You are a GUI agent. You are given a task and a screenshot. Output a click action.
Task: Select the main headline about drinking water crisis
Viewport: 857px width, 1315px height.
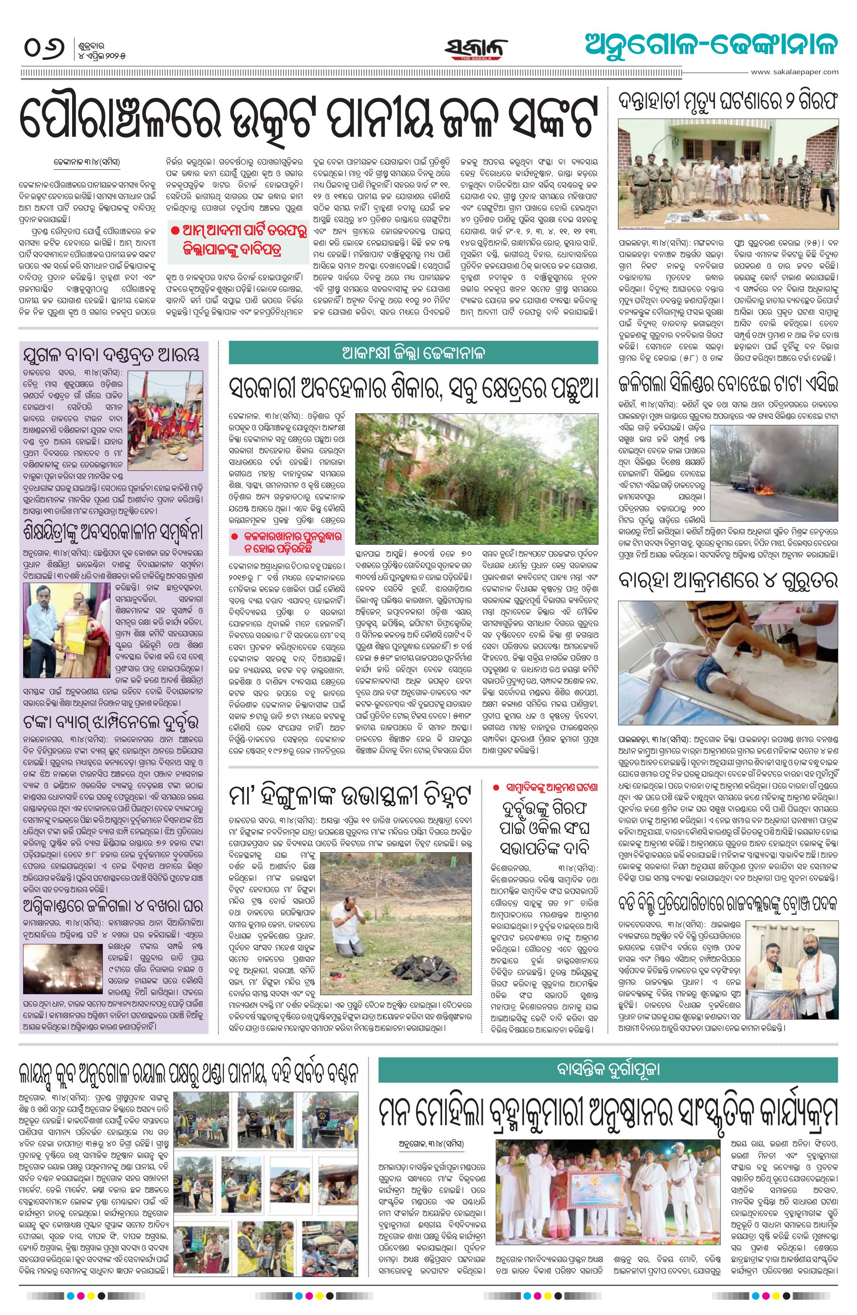pyautogui.click(x=309, y=118)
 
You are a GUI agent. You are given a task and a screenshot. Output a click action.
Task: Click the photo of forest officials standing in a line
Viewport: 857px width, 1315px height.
pyautogui.click(x=728, y=174)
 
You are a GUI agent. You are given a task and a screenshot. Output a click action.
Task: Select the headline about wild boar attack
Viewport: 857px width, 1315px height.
pyautogui.click(x=728, y=580)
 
